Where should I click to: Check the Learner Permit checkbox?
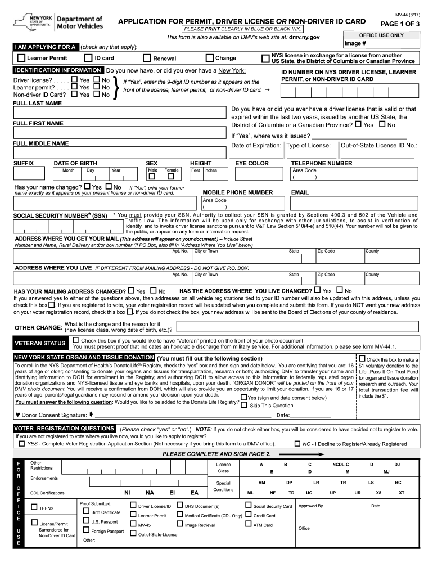pos(21,58)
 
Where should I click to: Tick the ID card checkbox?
pos(88,58)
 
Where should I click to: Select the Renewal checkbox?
pos(147,58)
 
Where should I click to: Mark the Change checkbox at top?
pos(210,58)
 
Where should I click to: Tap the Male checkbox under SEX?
pos(151,177)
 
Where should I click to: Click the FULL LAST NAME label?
pos(37,103)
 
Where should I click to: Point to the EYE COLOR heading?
pos(252,163)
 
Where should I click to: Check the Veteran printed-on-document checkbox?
pos(76,340)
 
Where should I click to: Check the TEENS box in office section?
pos(34,507)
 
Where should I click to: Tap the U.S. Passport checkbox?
pos(86,521)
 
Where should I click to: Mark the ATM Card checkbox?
pos(249,525)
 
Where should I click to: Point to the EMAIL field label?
pos(300,192)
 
